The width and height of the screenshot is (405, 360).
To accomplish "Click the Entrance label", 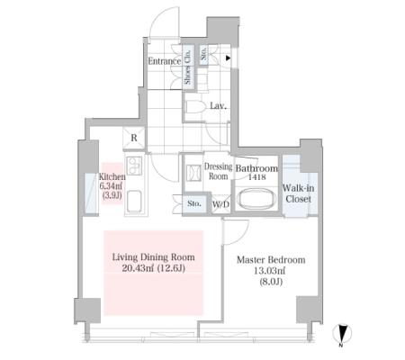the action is point(165,61).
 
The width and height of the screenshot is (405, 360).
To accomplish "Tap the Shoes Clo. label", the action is point(187,67).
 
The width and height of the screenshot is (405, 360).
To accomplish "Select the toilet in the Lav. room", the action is point(194,107).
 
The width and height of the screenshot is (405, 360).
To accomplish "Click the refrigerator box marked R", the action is point(134,138).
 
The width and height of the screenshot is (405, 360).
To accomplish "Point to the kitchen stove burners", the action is point(133,165).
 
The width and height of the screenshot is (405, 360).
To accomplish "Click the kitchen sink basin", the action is point(135,202).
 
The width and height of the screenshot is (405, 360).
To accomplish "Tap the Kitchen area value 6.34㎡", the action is point(112,186).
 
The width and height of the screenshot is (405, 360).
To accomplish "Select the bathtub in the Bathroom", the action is point(256,199).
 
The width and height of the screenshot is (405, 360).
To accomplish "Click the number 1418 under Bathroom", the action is point(256,177).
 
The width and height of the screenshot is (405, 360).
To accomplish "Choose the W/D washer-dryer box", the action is point(221,204).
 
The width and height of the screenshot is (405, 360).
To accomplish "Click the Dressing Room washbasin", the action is point(193,173).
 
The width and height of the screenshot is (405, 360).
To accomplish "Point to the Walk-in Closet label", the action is point(298,193).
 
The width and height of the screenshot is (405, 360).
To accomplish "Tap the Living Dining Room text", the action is point(154,257).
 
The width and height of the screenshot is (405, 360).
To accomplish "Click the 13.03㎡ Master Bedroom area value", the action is point(270,271).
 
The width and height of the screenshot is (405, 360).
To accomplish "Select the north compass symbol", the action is point(342,334).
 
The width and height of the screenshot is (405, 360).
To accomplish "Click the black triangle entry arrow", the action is point(229,58).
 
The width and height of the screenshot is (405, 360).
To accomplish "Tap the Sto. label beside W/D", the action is point(194,203).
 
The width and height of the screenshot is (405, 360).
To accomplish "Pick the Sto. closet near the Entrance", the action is point(204,55).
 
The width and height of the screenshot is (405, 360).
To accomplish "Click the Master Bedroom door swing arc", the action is point(244,234).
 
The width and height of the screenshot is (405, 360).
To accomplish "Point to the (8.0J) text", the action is point(270,282).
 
